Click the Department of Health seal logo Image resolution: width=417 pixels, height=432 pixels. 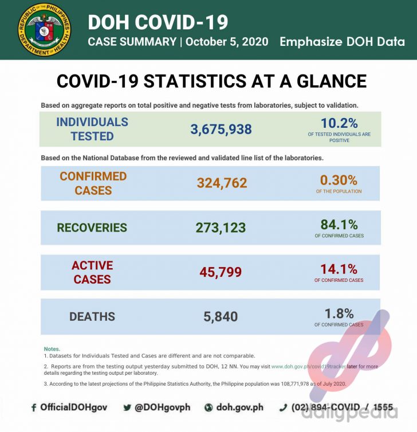click(45, 30)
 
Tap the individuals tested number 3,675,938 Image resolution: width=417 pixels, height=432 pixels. click(221, 129)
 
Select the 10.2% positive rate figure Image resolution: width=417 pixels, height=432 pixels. click(339, 123)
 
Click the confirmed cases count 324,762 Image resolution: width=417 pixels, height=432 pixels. click(222, 183)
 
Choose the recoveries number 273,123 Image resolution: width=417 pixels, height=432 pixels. click(221, 227)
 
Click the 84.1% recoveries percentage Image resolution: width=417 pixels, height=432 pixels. click(339, 224)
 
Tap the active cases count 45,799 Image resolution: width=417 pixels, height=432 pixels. click(221, 272)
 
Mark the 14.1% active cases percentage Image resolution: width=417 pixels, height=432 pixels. click(339, 269)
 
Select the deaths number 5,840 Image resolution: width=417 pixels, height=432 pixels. click(221, 316)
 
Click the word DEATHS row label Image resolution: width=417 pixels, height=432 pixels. click(92, 316)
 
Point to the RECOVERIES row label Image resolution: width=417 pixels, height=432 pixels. click(92, 227)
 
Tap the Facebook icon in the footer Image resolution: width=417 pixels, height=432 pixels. click(34, 408)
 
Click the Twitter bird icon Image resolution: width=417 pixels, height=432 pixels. click(127, 408)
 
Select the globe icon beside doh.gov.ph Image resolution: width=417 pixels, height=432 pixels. click(208, 408)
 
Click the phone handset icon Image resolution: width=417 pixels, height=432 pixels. click(282, 408)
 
